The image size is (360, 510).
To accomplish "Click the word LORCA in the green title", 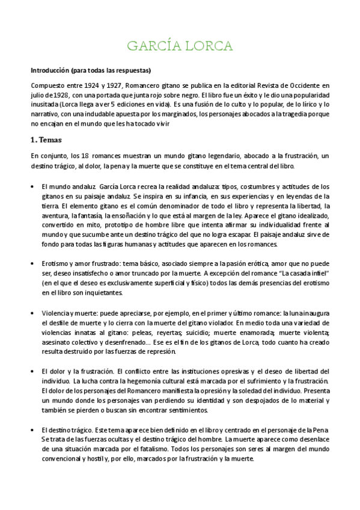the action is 206,46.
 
